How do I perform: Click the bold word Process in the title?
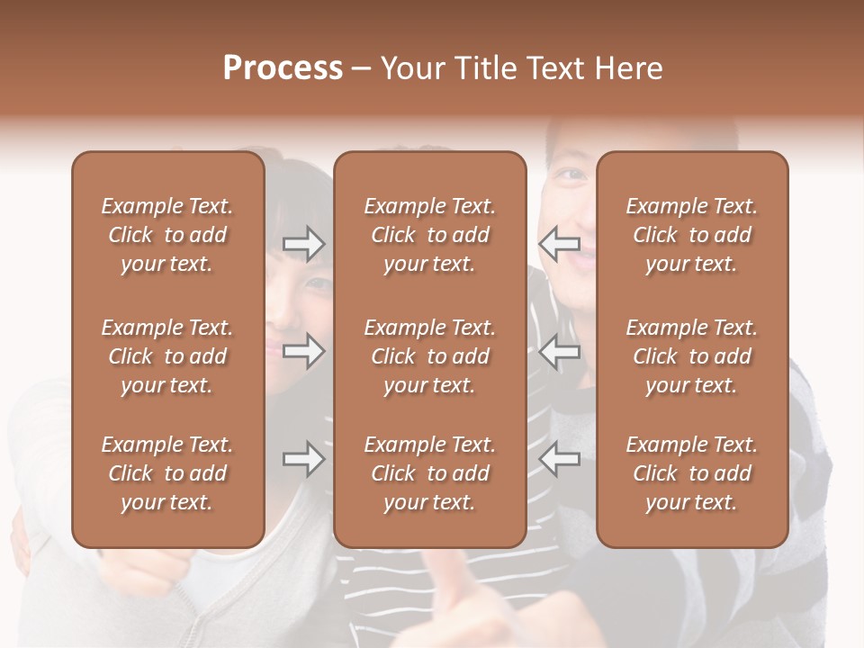coord(283,68)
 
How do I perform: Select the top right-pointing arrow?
coord(304,244)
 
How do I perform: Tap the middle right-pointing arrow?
coord(304,351)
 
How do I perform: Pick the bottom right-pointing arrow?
coord(304,460)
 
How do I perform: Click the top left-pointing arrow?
coord(560,244)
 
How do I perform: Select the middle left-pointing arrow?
coord(560,351)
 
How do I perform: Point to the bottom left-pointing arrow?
coord(560,460)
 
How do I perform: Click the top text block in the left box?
coord(167,235)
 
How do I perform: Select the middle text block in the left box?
coord(167,356)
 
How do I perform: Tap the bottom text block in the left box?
coord(167,473)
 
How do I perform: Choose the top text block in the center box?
coord(430,235)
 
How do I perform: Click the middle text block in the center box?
coord(430,356)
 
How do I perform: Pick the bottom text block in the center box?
coord(430,473)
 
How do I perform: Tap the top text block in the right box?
coord(692,235)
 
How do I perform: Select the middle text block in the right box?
coord(692,356)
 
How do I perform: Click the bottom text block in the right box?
coord(692,473)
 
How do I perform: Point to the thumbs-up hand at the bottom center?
coord(450,594)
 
